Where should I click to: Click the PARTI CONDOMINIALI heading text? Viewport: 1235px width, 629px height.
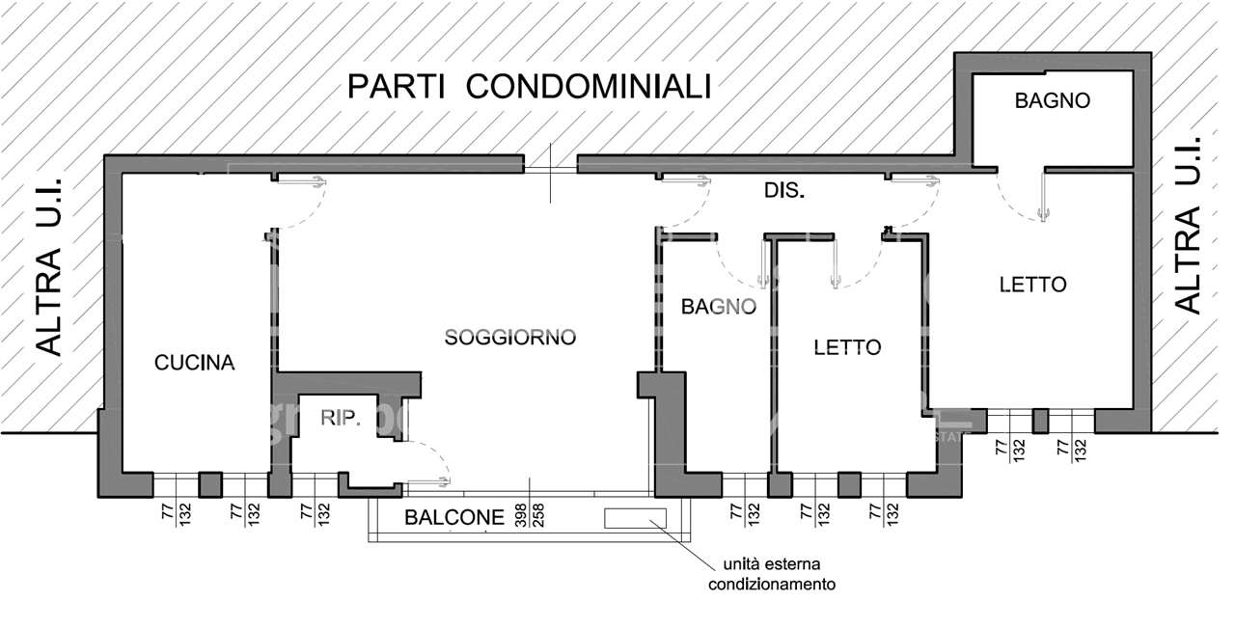tap(529, 87)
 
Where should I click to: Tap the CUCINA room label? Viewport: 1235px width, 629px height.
tap(195, 363)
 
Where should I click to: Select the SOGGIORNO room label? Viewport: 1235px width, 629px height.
tap(509, 338)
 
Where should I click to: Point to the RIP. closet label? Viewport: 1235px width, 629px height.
tap(341, 418)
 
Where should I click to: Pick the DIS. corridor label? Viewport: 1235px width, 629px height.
tap(784, 191)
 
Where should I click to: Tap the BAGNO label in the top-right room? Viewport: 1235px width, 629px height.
tap(1052, 100)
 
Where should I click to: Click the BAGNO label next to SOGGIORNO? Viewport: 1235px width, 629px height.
tap(718, 307)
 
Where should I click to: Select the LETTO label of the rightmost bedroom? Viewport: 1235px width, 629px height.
tap(1032, 285)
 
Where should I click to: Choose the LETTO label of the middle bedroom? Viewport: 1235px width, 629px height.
tap(847, 347)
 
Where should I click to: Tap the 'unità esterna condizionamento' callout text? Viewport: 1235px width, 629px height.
tap(772, 574)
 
